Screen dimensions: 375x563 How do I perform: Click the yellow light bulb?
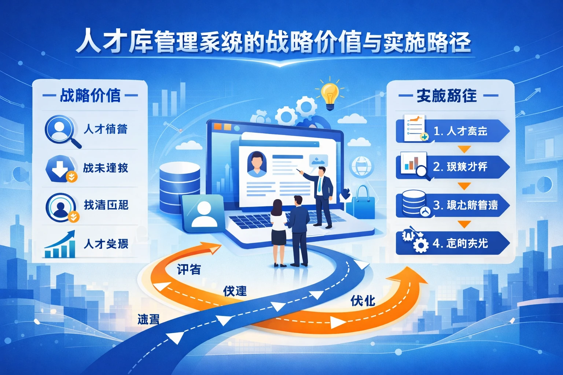coord(330,94)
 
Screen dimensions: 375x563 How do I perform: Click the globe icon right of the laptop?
coord(361,167)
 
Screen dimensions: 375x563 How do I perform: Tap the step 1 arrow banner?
coord(453,131)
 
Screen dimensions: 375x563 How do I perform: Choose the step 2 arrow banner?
coord(453,167)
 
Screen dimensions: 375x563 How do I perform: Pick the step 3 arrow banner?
coord(453,205)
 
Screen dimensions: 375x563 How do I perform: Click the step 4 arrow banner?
coord(453,243)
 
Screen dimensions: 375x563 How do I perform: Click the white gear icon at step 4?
coord(420,245)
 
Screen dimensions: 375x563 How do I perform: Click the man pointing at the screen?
coord(323,196)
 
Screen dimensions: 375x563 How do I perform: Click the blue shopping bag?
coord(363,203)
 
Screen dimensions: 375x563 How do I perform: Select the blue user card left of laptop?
coord(203,214)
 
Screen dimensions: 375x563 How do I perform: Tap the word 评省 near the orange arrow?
coord(189,270)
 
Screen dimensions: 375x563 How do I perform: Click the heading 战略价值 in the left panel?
coord(90,96)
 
